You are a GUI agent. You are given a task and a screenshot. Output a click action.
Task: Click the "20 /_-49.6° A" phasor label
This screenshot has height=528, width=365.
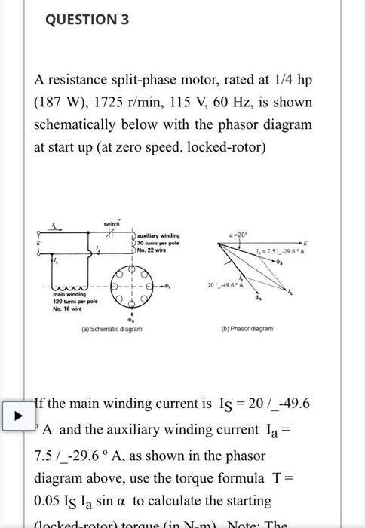click(225, 284)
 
